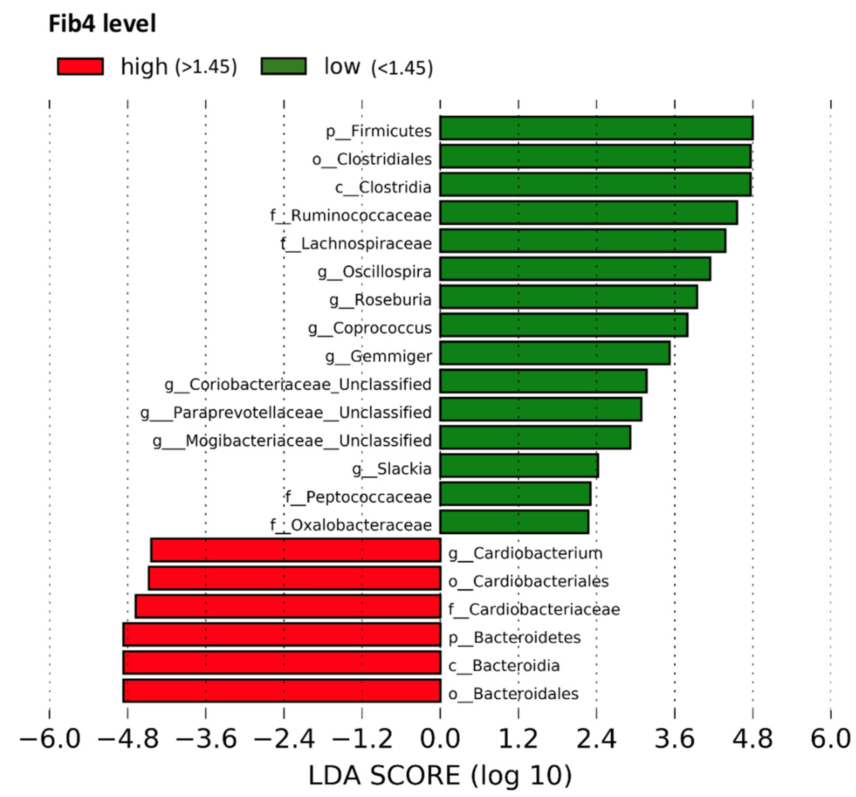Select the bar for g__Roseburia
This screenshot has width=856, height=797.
tap(568, 297)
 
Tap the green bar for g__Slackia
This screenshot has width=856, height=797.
tap(519, 466)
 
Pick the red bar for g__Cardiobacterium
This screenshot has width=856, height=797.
tap(296, 550)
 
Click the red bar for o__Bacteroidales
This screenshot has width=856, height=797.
tap(282, 691)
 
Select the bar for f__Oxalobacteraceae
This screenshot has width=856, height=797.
tap(514, 522)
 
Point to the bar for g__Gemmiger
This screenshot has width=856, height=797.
tap(554, 353)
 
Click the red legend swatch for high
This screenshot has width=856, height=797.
tap(80, 67)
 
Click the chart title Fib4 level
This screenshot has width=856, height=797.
tap(102, 24)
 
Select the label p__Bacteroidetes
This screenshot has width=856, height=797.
tap(514, 637)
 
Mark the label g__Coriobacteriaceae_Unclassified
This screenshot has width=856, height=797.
tap(298, 384)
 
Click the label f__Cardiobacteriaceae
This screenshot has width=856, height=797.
tap(534, 609)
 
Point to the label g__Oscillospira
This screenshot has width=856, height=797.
tap(374, 272)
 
